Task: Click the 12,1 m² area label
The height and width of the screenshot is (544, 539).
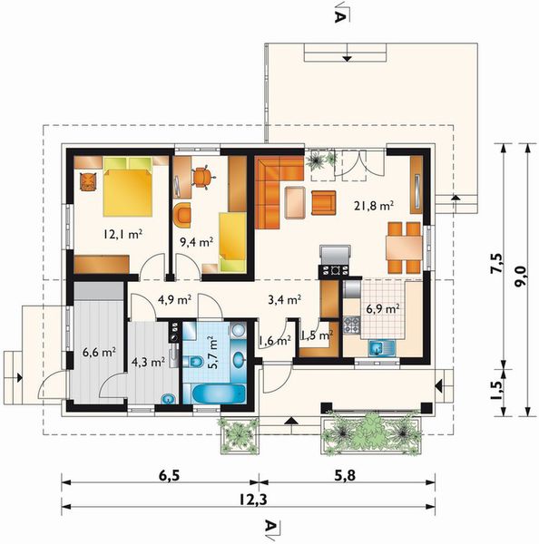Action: (122, 234)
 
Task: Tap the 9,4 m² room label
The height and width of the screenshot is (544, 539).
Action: (196, 242)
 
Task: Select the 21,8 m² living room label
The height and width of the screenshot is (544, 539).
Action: (374, 206)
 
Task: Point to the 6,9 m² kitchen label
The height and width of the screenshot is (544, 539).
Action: (383, 308)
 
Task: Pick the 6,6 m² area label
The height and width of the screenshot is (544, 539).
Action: (99, 353)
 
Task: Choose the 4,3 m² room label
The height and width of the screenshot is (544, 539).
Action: (148, 362)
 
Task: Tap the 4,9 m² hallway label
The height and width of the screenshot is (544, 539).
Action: (175, 299)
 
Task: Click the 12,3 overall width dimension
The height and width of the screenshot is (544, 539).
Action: (253, 500)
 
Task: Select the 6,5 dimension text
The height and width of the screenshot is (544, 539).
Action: (169, 476)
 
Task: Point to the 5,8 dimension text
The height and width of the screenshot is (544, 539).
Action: (345, 475)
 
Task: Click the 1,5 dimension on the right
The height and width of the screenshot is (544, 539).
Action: (496, 390)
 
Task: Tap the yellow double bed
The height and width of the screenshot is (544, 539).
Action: (128, 187)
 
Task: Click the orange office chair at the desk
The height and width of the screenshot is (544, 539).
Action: (201, 178)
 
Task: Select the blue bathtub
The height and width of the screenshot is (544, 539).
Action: (219, 393)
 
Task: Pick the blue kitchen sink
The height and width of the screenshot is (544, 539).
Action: (382, 348)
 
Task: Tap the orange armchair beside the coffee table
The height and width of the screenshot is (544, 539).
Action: (324, 202)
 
